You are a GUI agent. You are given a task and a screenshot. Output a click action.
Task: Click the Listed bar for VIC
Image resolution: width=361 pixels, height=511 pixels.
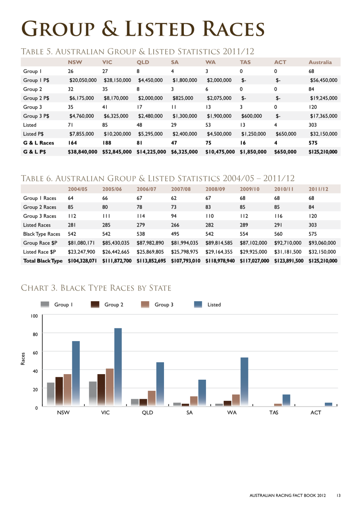click(118, 367)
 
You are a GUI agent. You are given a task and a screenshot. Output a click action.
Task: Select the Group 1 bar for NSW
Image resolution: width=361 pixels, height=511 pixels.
click(51, 394)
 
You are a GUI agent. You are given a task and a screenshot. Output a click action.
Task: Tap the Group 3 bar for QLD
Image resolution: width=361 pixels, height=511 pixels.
click(151, 398)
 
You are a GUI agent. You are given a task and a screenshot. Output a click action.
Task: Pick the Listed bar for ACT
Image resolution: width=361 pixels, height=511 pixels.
click(328, 404)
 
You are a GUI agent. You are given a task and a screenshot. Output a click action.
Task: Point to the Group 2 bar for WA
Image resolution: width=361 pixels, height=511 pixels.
click(228, 403)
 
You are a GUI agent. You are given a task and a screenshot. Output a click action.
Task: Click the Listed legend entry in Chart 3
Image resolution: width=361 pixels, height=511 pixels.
click(207, 305)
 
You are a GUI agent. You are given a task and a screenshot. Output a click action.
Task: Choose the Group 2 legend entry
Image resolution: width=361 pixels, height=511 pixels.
click(107, 305)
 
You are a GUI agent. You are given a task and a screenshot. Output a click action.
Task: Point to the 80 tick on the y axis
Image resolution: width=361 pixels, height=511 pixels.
click(35, 335)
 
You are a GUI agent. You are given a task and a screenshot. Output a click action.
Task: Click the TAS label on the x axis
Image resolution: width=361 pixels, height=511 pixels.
click(273, 412)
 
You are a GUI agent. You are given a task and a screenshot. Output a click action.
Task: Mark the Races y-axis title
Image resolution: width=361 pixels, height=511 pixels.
click(23, 358)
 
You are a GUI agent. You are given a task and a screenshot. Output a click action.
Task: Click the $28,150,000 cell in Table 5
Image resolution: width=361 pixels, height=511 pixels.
click(117, 80)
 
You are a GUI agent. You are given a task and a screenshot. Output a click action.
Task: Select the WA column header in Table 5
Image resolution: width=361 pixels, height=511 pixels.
click(211, 62)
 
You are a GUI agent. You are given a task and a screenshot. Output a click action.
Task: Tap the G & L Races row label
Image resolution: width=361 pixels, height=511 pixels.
click(39, 143)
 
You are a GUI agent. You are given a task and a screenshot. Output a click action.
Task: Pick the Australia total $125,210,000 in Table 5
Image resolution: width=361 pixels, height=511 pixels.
click(323, 152)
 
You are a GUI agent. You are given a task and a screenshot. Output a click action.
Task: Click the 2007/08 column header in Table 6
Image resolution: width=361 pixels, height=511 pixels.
click(181, 189)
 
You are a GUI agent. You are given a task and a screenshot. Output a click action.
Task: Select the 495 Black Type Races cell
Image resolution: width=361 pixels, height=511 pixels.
click(175, 234)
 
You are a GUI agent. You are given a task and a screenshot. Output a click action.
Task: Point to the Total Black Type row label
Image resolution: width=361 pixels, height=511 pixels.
click(43, 261)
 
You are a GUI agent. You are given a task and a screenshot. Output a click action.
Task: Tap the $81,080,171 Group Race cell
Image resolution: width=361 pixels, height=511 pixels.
click(81, 243)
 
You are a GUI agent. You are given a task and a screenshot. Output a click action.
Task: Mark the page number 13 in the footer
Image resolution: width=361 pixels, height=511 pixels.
click(338, 495)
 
